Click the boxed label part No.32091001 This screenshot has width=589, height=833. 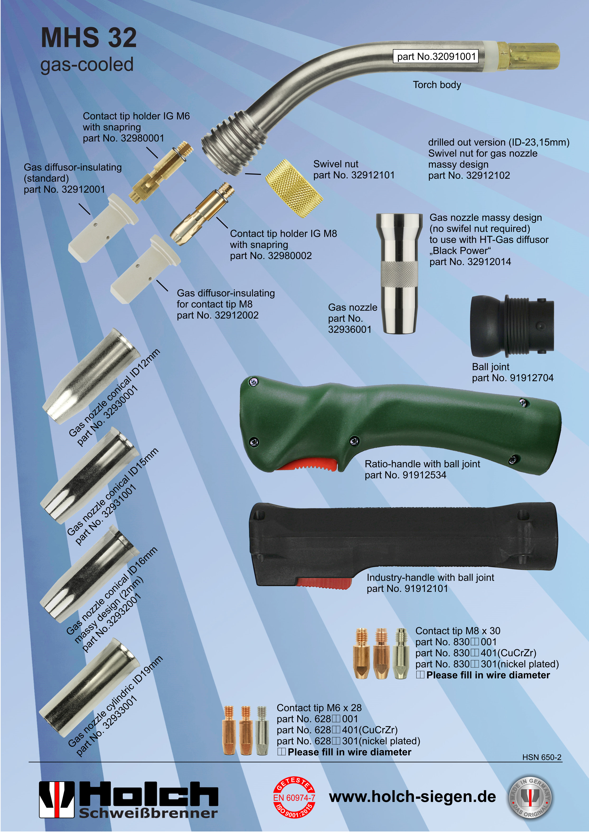click(x=436, y=56)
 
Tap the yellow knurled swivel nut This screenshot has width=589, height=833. click(x=293, y=188)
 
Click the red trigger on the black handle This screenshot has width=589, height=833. click(x=324, y=583)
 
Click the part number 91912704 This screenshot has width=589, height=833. click(x=532, y=378)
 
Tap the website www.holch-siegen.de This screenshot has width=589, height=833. click(x=412, y=797)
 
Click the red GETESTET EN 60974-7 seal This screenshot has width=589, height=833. click(x=294, y=797)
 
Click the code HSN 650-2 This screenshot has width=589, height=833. click(x=542, y=757)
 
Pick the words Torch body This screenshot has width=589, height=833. click(x=437, y=85)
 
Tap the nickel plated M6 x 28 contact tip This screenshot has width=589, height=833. click(x=262, y=730)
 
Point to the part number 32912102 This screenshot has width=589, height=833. click(x=488, y=175)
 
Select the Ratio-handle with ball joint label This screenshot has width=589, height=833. click(x=422, y=464)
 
